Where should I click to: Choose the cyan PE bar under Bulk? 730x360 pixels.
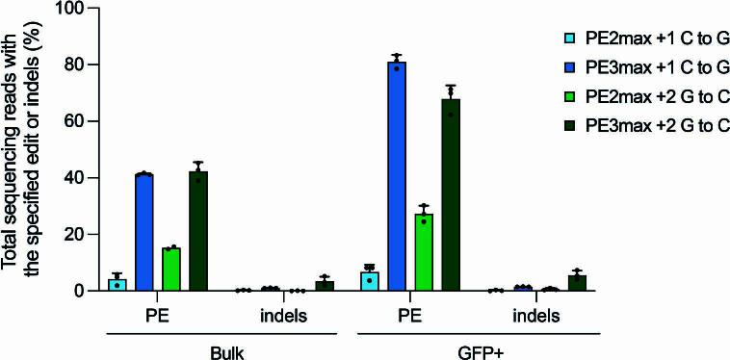[x=117, y=285]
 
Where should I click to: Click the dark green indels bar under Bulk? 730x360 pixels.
[x=325, y=286]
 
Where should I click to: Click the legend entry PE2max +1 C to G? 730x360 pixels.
[x=645, y=39]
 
